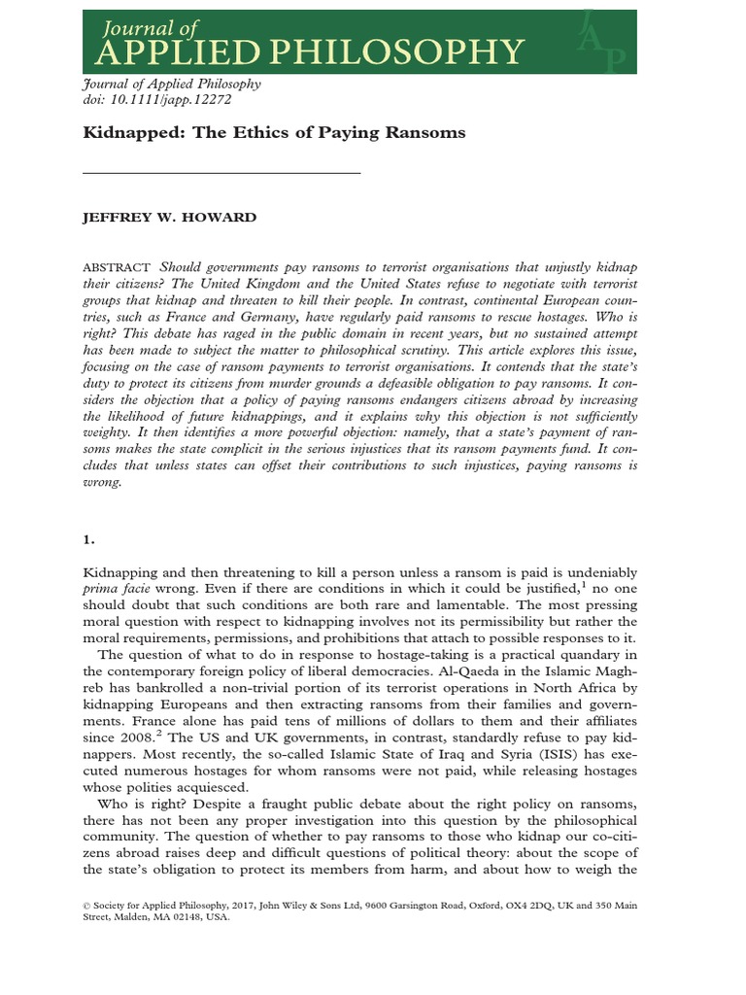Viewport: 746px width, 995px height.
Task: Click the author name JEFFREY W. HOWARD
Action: click(170, 217)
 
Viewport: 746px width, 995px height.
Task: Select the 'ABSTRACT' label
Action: click(117, 267)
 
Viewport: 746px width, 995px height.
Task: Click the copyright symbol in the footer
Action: click(89, 903)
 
